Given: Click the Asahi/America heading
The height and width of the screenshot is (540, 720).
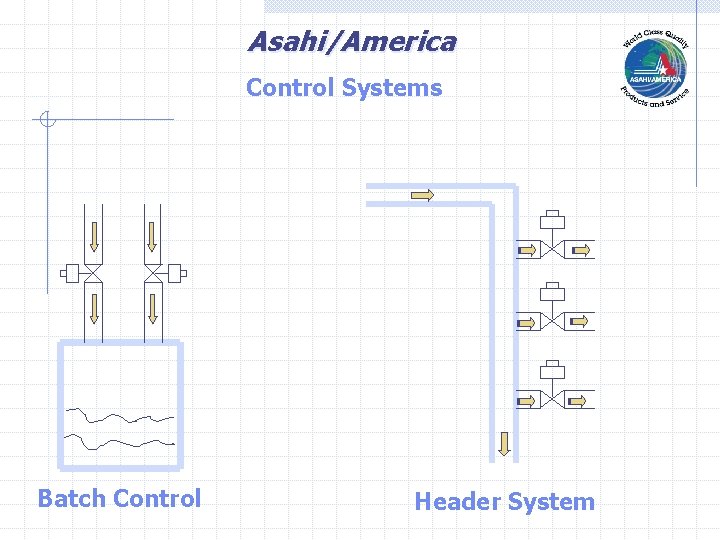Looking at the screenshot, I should point(351,42).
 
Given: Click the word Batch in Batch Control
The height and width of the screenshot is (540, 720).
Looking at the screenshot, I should point(72,498).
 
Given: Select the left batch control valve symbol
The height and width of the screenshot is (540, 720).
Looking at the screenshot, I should point(92,273).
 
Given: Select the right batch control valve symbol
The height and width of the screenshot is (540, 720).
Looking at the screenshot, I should point(153,273).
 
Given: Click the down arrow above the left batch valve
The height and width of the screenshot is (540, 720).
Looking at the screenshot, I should point(92,236).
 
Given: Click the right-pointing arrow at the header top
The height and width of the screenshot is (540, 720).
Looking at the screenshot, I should point(422,195).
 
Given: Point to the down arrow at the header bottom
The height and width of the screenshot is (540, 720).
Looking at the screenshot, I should point(504,443).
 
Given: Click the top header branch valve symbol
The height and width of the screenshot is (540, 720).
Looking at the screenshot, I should point(552,249).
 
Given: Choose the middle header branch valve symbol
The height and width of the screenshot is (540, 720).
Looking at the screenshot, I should point(552,322).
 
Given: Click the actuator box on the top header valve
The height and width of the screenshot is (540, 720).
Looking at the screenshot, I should point(552,219).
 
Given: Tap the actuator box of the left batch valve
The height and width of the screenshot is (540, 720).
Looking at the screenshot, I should point(70,273).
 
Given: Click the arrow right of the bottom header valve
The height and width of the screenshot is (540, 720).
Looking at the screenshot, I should point(579,401).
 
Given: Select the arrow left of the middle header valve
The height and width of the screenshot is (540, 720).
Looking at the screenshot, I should point(525,323).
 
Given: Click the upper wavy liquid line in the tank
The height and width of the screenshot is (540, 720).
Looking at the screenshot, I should point(120,415).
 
